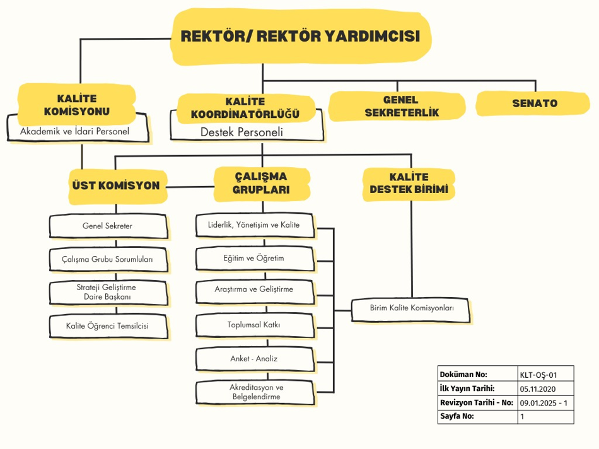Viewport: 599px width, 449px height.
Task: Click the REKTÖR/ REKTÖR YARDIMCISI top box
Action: click(x=301, y=37)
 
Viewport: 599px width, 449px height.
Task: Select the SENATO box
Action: click(x=533, y=103)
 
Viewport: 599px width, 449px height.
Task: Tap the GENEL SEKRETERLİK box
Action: click(x=397, y=106)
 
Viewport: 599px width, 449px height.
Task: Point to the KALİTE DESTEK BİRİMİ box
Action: click(x=409, y=184)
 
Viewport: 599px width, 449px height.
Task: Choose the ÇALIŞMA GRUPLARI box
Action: click(x=262, y=184)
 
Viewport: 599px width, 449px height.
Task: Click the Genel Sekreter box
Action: click(x=108, y=226)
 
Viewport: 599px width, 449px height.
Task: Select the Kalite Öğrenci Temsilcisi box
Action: click(x=108, y=326)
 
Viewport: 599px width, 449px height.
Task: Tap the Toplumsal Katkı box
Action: click(x=255, y=325)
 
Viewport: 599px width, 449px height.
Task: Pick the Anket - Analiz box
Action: click(x=255, y=359)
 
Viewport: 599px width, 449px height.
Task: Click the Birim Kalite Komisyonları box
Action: click(x=410, y=310)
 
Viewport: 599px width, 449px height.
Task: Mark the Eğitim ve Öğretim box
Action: click(x=255, y=259)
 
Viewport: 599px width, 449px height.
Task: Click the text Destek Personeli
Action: click(x=242, y=132)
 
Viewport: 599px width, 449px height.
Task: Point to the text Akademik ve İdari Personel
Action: click(x=75, y=131)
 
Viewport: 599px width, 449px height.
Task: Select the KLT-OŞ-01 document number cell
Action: click(x=545, y=374)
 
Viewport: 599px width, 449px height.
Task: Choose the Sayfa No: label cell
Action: click(x=478, y=416)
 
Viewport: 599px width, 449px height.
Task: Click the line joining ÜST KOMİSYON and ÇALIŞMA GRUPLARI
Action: click(x=190, y=187)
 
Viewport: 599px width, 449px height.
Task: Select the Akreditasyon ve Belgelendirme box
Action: click(x=255, y=392)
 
